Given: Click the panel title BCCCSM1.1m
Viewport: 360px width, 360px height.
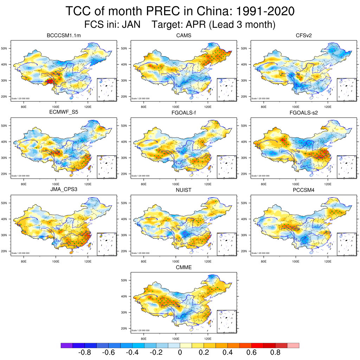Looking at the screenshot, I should coord(61,36).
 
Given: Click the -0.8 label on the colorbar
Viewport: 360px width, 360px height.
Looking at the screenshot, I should coord(85,352).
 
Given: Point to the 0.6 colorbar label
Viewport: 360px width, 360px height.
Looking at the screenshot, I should coord(252,352).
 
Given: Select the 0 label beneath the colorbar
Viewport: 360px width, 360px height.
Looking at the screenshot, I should coord(180,352).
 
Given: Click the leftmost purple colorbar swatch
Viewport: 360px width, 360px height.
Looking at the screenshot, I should coord(67,345).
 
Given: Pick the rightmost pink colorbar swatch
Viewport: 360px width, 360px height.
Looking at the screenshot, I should coord(293,345).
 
